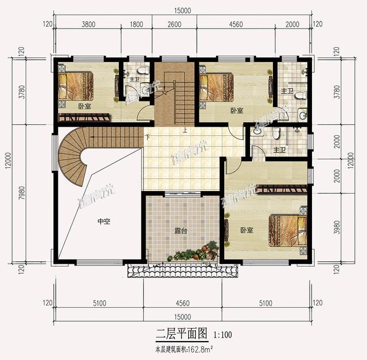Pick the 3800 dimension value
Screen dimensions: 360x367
pyautogui.click(x=88, y=24)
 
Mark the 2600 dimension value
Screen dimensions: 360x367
pyautogui.click(x=174, y=24)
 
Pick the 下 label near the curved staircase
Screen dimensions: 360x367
pyautogui.click(x=148, y=137)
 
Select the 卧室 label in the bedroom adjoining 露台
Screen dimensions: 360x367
pyautogui.click(x=247, y=230)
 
